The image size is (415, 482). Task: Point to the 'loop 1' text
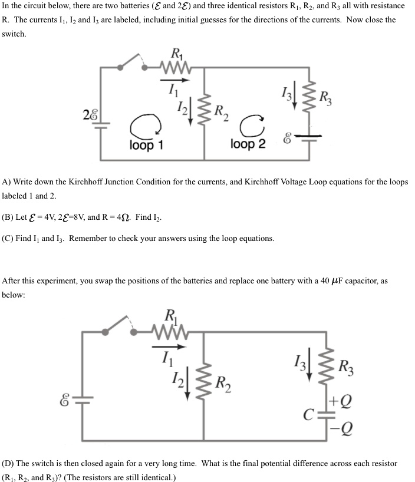[146, 145]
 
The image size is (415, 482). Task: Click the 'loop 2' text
[248, 145]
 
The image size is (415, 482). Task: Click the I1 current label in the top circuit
[172, 89]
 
